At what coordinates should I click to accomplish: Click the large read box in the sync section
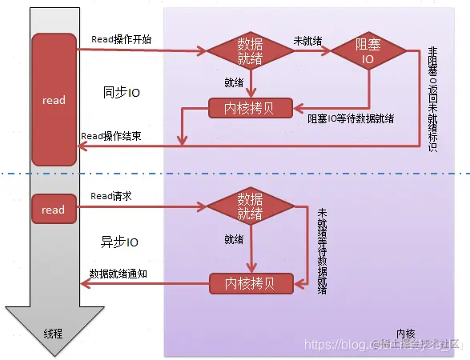(x=53, y=100)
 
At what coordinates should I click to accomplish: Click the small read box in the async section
(x=53, y=210)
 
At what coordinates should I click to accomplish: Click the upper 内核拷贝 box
(x=251, y=107)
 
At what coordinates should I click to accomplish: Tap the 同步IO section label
(x=121, y=92)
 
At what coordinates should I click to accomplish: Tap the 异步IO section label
(x=121, y=242)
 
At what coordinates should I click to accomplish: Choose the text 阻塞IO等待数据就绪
(x=351, y=118)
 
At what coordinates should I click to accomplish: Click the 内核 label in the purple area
(x=405, y=333)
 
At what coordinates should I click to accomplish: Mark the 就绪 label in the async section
(x=234, y=238)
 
